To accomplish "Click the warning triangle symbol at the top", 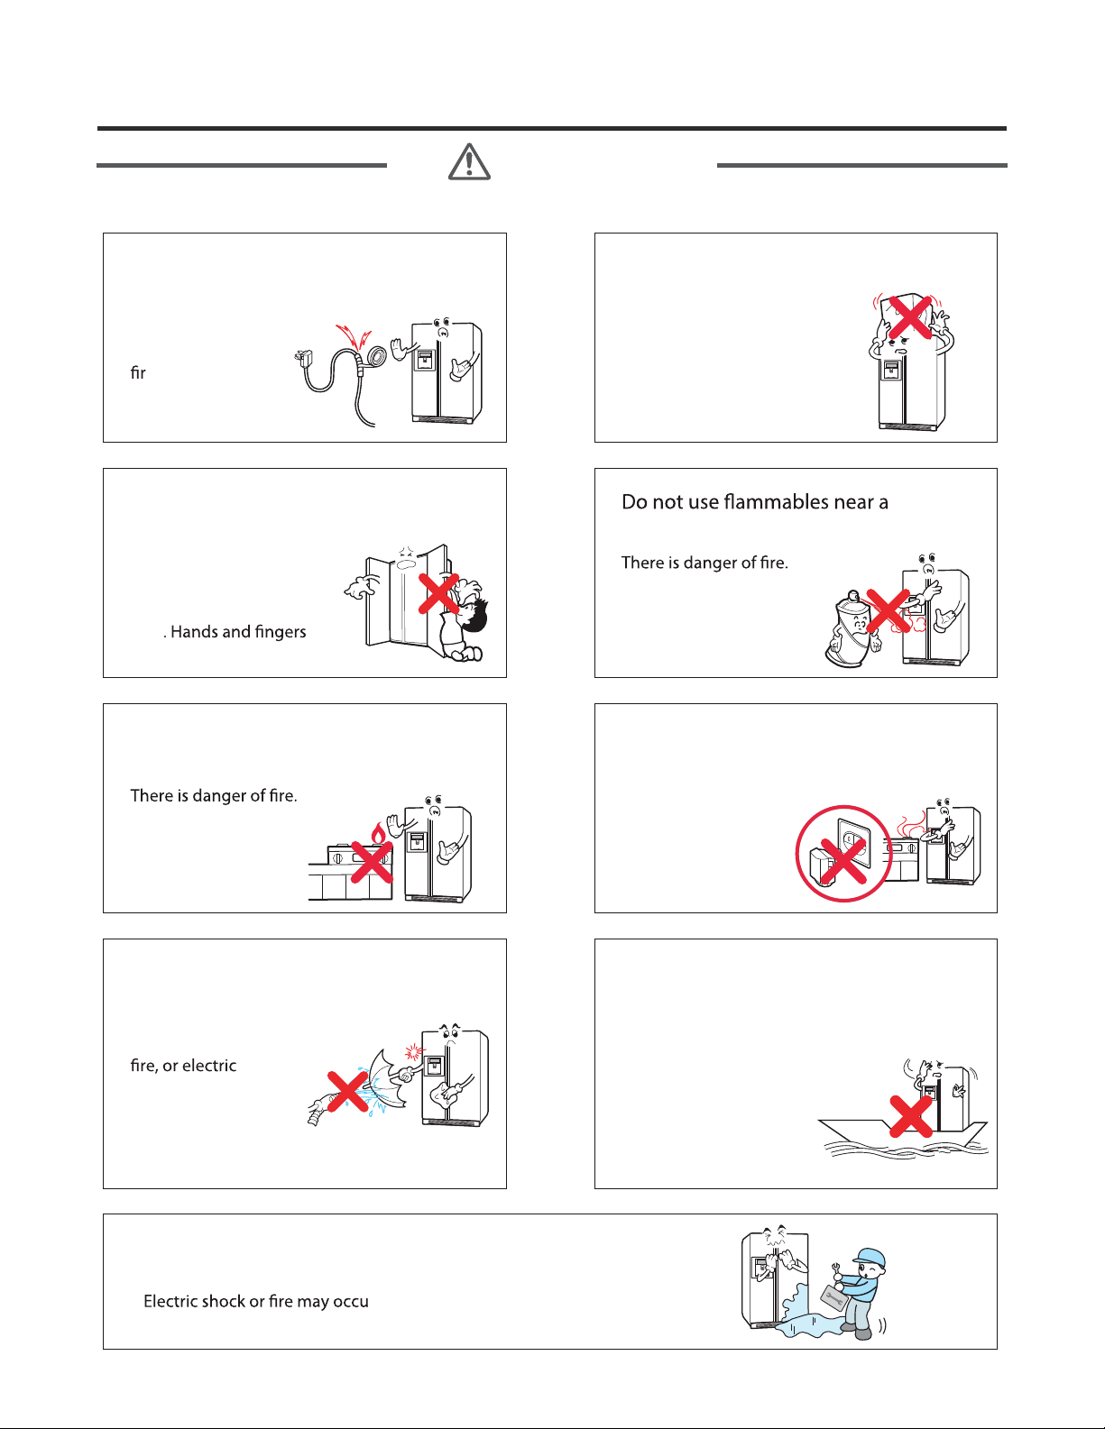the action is [x=469, y=161].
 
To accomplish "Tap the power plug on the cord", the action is [x=303, y=358].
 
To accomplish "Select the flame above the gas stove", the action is [x=378, y=834].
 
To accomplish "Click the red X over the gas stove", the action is [x=372, y=862].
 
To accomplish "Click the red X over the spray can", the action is [x=889, y=611].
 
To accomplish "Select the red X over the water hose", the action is [x=348, y=1093].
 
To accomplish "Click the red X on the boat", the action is [x=911, y=1117].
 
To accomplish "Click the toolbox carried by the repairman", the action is [x=833, y=1298].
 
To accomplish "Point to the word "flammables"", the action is [x=776, y=502].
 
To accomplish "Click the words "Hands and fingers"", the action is [x=238, y=632].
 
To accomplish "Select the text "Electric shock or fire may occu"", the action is [x=256, y=1301].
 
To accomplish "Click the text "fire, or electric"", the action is [x=183, y=1066].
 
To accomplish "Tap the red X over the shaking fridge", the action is [x=910, y=317].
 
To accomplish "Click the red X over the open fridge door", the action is [x=438, y=594].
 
